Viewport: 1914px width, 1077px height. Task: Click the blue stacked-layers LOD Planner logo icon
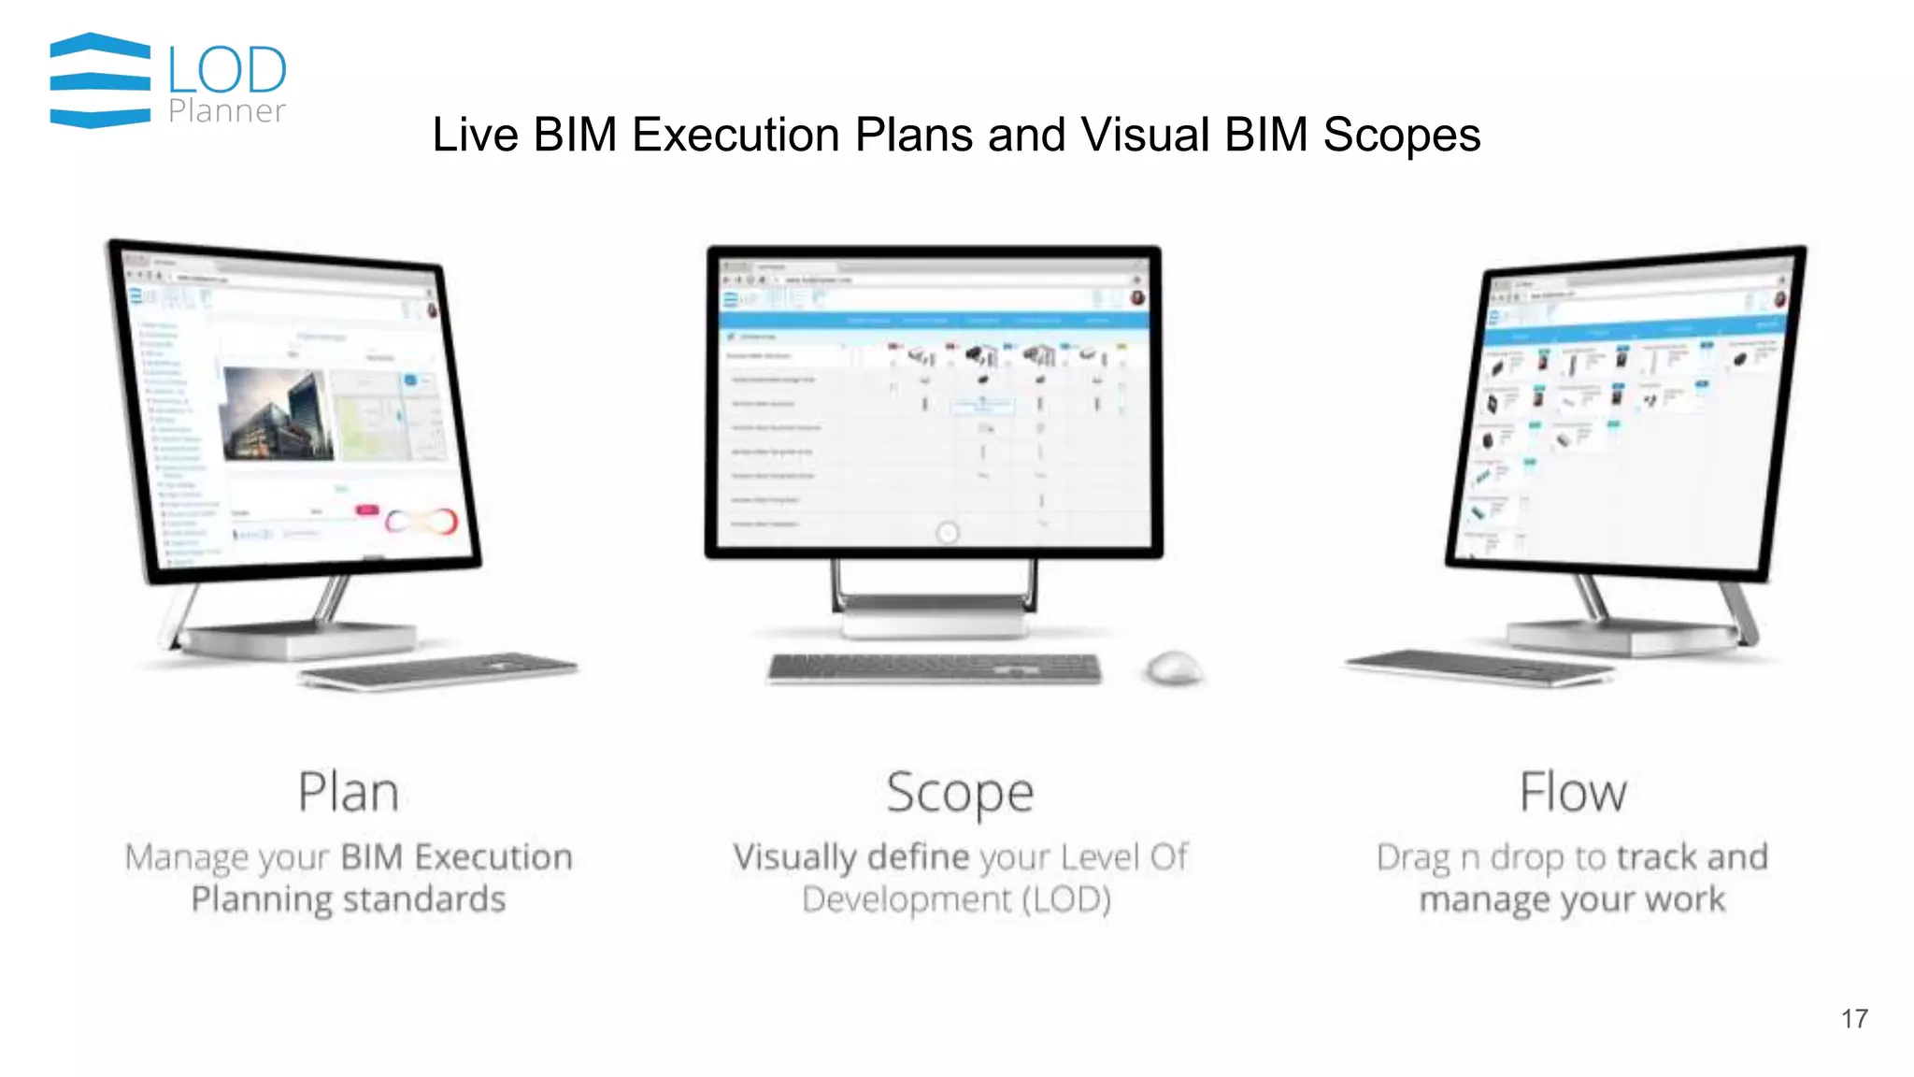[100, 80]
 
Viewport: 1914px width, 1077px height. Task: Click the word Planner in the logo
[227, 111]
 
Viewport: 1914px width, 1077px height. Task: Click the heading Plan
[349, 793]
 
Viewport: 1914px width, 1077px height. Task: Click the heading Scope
[960, 793]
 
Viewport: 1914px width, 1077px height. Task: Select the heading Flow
[1573, 793]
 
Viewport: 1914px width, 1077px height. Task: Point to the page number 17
[1854, 1019]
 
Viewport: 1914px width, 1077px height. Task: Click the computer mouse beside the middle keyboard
[1174, 668]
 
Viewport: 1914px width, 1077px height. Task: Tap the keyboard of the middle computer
[935, 668]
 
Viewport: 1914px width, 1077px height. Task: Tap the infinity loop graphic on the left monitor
[422, 522]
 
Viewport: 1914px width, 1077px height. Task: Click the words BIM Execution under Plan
[456, 857]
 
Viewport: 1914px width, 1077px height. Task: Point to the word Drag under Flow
[1413, 857]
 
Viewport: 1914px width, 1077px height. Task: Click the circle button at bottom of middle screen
[947, 533]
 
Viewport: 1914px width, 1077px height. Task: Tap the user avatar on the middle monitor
[1137, 298]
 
